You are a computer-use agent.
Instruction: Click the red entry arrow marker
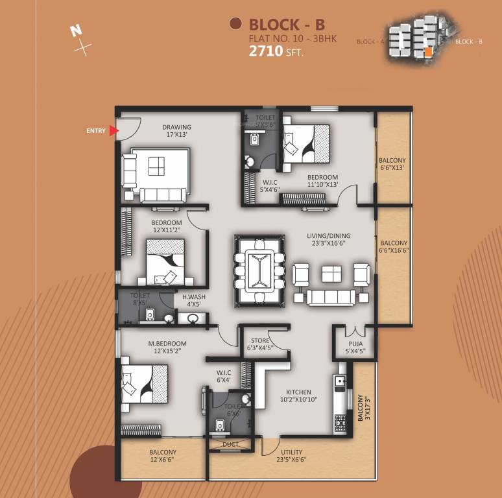(x=114, y=131)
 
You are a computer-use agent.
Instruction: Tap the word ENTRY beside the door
(x=95, y=131)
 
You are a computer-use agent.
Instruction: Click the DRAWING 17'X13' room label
(x=176, y=131)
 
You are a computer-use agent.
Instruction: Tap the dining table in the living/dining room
(x=259, y=269)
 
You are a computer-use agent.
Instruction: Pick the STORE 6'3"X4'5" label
(x=260, y=344)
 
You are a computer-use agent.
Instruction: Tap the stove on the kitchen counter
(x=341, y=422)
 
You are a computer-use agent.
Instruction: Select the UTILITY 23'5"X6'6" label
(x=291, y=456)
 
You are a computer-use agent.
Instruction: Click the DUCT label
(x=230, y=445)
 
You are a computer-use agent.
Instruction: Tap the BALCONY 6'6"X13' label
(x=393, y=165)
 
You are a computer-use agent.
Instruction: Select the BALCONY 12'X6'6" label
(x=163, y=456)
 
